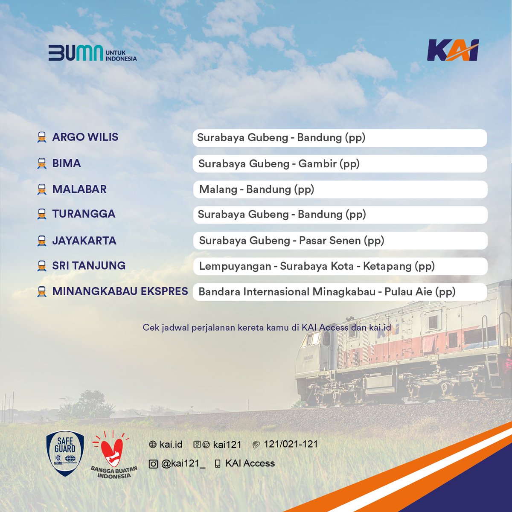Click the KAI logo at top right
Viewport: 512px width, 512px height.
pyautogui.click(x=453, y=50)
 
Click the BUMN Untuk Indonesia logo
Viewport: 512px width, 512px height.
pyautogui.click(x=92, y=53)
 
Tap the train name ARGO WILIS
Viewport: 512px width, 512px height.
pyautogui.click(x=85, y=137)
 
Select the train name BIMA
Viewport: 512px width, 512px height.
pyautogui.click(x=67, y=163)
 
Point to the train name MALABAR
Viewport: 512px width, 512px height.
pyautogui.click(x=79, y=189)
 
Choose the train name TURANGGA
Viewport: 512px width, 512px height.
pyautogui.click(x=84, y=214)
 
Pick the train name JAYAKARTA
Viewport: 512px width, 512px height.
pyautogui.click(x=84, y=241)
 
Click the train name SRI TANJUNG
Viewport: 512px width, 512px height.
pyautogui.click(x=89, y=266)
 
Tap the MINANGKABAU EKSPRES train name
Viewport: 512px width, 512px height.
pyautogui.click(x=120, y=291)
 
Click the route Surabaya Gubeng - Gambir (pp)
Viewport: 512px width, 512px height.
pyautogui.click(x=279, y=164)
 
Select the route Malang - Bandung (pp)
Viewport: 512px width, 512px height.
pyautogui.click(x=256, y=189)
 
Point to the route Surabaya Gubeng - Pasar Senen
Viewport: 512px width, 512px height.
pyautogui.click(x=291, y=241)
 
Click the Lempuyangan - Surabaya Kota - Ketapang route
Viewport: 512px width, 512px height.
pyautogui.click(x=317, y=266)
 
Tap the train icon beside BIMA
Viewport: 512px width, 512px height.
pyautogui.click(x=42, y=163)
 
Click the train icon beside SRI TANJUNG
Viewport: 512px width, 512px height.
pyautogui.click(x=42, y=266)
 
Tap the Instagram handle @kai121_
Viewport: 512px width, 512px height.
pyautogui.click(x=183, y=464)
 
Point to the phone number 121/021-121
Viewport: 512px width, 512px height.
pyautogui.click(x=291, y=444)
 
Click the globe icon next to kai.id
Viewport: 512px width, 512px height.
pyautogui.click(x=153, y=445)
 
